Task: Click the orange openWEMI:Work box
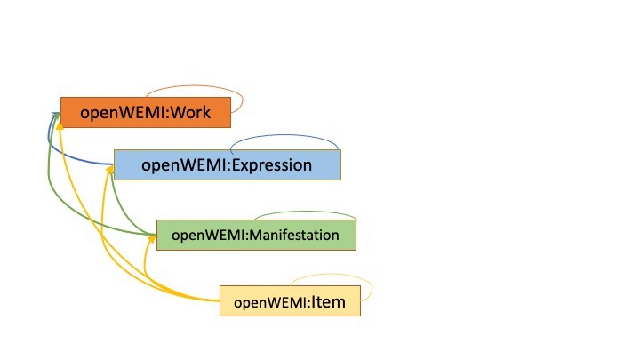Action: coord(146,113)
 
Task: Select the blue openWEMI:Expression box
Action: coord(228,164)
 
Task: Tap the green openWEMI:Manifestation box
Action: coord(256,235)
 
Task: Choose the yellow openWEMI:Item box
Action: coord(290,301)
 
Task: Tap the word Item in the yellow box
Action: coord(329,301)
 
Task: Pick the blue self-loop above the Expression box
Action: coord(284,136)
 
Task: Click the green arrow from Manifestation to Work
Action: coord(53,191)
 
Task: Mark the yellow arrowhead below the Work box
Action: coord(60,128)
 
